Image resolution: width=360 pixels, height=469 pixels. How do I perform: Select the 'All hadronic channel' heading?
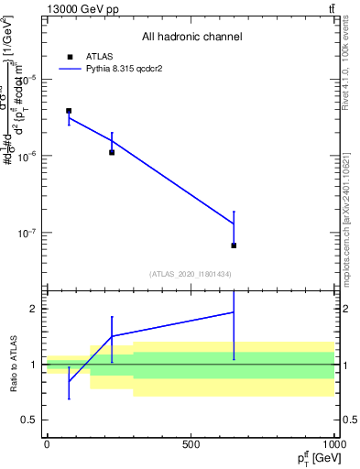point(191,37)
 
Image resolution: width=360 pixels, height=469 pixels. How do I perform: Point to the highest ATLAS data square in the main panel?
point(69,111)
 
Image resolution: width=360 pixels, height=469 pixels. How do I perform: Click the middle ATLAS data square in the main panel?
point(112,152)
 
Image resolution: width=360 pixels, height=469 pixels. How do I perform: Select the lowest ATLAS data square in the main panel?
point(234,245)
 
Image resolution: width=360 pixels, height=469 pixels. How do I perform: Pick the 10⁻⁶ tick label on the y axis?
point(25,156)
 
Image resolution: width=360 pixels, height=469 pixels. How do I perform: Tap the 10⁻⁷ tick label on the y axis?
point(25,233)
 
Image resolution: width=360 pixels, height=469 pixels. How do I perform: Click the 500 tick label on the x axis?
point(191,444)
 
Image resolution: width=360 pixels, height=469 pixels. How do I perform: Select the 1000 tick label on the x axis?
point(332,444)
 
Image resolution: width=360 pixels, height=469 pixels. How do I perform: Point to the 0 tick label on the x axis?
point(47,444)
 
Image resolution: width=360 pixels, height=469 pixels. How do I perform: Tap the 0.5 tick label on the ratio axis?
point(28,420)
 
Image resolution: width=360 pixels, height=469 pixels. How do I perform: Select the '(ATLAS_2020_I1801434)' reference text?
point(191,274)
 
